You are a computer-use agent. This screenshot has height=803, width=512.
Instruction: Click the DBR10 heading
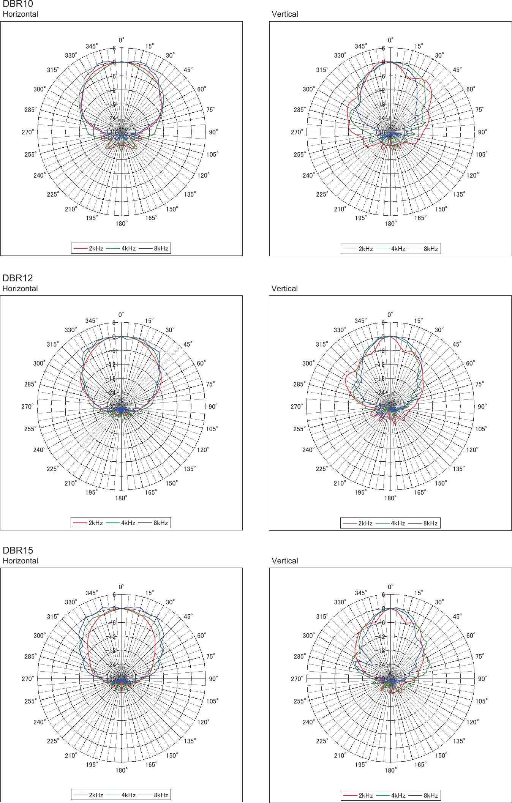pos(17,4)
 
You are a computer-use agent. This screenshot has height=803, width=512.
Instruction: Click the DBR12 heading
pos(17,278)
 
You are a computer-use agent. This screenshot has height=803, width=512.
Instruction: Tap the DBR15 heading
pos(17,550)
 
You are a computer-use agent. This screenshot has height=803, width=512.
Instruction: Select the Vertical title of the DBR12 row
pos(284,289)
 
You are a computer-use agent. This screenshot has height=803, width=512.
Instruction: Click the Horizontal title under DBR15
pos(20,561)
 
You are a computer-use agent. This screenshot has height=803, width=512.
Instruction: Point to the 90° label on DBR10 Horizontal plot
pos(213,132)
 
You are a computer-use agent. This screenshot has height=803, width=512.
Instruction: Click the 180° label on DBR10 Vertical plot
pos(390,224)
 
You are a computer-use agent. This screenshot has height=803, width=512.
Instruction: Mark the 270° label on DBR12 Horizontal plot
pos(27,407)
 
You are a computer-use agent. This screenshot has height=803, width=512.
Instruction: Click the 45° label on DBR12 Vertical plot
pos(457,344)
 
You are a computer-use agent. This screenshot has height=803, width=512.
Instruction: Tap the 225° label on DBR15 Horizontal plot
pos(53,741)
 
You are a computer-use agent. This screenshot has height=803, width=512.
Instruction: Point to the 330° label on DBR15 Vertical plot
pos(340,602)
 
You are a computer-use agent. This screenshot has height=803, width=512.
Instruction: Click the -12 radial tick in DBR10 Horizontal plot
pos(112,90)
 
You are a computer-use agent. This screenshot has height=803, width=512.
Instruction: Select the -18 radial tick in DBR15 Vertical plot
pos(381,651)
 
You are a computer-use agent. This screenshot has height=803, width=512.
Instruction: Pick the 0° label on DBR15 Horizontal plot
pos(121,587)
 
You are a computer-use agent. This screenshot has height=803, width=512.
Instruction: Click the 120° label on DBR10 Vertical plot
pos(472,175)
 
